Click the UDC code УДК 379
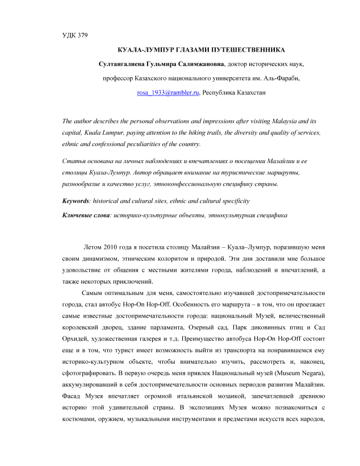pyautogui.click(x=74, y=36)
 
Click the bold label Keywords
pyautogui.click(x=78, y=201)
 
